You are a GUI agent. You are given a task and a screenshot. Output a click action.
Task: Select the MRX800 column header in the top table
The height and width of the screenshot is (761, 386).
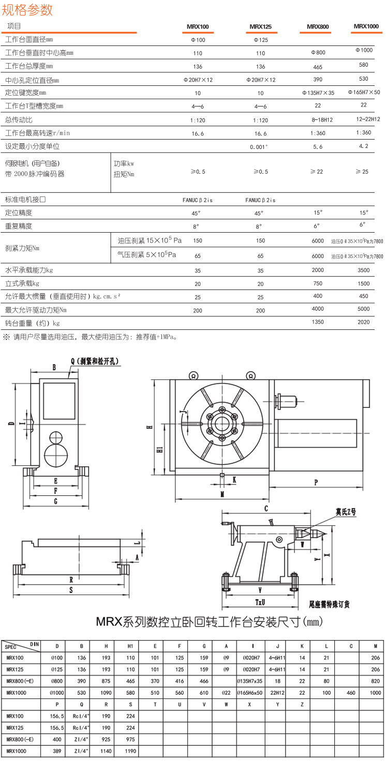318,26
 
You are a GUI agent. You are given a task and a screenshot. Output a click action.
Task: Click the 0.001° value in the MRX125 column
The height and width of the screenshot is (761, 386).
259,147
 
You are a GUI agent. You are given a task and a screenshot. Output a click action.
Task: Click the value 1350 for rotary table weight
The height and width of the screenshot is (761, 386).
318,322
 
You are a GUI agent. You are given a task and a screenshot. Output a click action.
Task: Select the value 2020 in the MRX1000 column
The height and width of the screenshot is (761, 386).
364,322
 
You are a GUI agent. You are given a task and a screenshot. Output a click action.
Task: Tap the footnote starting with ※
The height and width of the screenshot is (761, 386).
91,337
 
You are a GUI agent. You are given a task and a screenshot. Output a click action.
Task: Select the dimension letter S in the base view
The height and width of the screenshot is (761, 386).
70,589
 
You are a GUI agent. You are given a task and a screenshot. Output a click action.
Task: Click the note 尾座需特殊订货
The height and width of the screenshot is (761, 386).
329,604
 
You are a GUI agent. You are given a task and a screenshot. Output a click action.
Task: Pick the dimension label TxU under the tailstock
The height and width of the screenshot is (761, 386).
260,602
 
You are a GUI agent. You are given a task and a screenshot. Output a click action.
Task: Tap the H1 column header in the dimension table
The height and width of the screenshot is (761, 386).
130,646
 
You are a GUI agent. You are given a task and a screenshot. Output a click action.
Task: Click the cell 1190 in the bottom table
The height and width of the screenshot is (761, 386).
130,750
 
